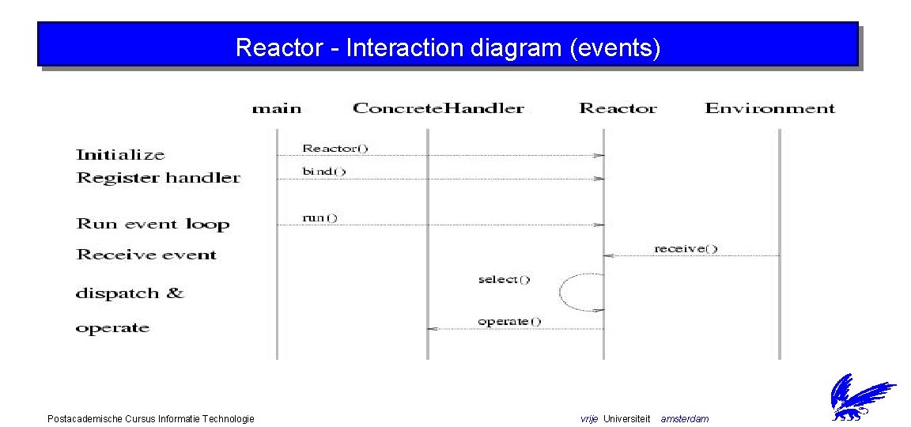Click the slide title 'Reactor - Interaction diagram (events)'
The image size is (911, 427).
pyautogui.click(x=448, y=48)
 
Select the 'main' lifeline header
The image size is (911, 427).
pyautogui.click(x=277, y=108)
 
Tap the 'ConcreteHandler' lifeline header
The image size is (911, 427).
pyautogui.click(x=438, y=108)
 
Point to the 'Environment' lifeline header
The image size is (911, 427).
pyautogui.click(x=769, y=108)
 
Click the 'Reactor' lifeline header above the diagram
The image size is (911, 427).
pyautogui.click(x=618, y=108)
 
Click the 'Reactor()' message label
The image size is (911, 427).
pyautogui.click(x=335, y=148)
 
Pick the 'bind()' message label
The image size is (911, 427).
pyautogui.click(x=324, y=172)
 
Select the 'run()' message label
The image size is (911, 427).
pyautogui.click(x=320, y=217)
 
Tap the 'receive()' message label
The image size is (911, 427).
pyautogui.click(x=686, y=248)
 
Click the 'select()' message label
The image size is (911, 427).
pyautogui.click(x=504, y=279)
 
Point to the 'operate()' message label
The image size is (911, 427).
pyautogui.click(x=509, y=321)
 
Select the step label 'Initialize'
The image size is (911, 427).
pyautogui.click(x=120, y=155)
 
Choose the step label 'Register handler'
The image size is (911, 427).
pyautogui.click(x=158, y=178)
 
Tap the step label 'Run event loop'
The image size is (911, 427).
pyautogui.click(x=153, y=224)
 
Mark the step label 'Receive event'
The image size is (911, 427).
pyautogui.click(x=146, y=255)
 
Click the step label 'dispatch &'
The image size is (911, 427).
pyautogui.click(x=130, y=293)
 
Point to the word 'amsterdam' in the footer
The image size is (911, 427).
pyautogui.click(x=685, y=418)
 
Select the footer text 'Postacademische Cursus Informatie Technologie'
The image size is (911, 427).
pyautogui.click(x=151, y=418)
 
